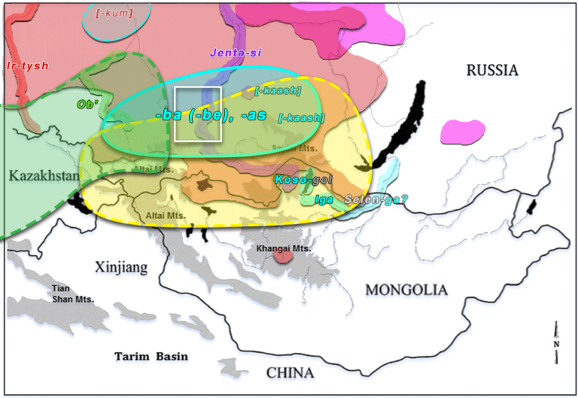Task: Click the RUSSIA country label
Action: pos(492,71)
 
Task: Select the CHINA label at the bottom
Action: pos(290,372)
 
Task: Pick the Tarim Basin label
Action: pos(151,356)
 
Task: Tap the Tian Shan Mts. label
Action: pos(72,293)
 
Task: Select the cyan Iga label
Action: pos(324,199)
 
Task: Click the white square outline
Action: pos(197,114)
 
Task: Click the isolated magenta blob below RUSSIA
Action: pos(461,131)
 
